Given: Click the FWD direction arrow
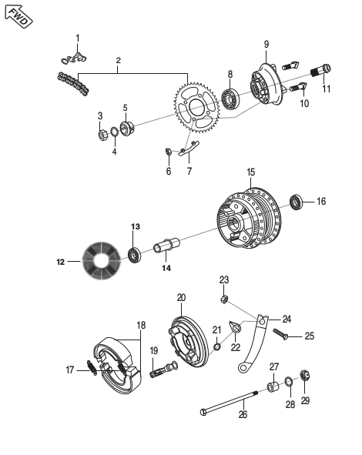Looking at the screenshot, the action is click(x=18, y=16).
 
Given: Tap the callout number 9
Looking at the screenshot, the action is click(x=266, y=45).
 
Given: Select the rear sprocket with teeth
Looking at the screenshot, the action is click(x=196, y=108).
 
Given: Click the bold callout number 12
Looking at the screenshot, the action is click(x=60, y=262).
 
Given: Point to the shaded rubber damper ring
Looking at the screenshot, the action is click(x=102, y=261).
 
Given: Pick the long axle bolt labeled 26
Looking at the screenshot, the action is click(x=230, y=402).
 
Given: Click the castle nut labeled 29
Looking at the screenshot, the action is click(x=304, y=376).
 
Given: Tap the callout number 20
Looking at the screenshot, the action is click(x=181, y=298).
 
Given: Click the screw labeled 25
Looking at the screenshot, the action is click(x=280, y=334).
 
